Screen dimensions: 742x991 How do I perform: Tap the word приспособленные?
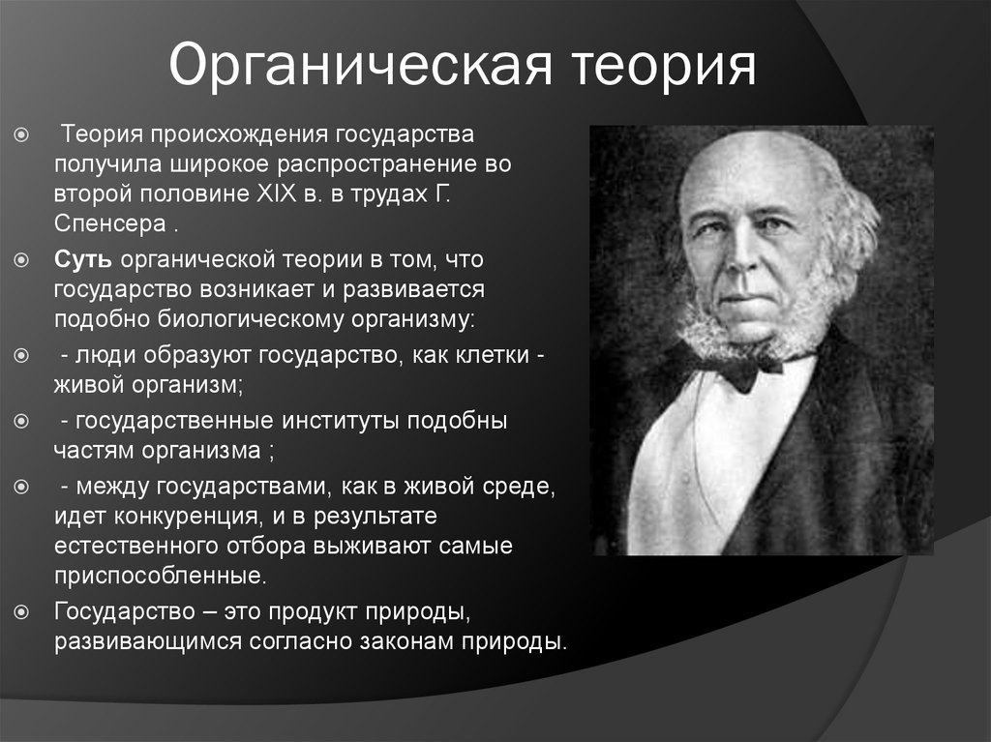(158, 577)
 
